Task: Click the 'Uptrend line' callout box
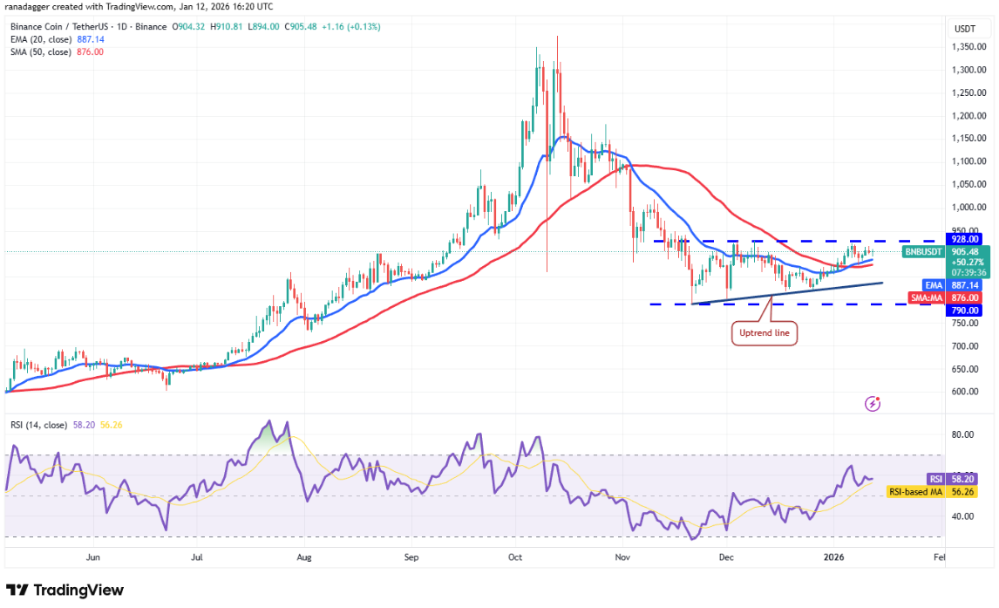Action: click(765, 332)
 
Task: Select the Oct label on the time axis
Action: click(515, 556)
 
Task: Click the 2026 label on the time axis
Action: click(835, 556)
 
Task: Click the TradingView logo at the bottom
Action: click(65, 591)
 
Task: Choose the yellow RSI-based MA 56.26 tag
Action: click(916, 492)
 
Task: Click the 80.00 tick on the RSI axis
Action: click(962, 434)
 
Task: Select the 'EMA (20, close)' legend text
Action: click(41, 38)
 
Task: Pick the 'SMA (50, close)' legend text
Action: click(41, 51)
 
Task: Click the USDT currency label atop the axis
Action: click(964, 29)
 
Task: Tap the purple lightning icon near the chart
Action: click(873, 403)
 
